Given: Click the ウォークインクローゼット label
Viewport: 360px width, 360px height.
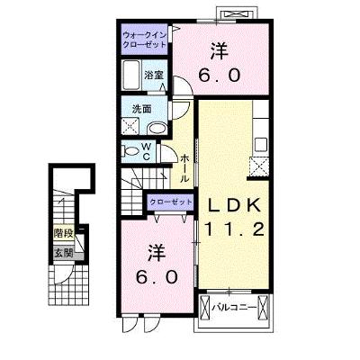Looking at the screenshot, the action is (144, 40).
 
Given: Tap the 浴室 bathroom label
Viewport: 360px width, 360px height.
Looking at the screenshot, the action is (153, 75).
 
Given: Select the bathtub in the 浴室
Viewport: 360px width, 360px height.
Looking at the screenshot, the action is (131, 75).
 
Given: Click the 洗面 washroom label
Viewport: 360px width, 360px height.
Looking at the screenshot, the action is (141, 109).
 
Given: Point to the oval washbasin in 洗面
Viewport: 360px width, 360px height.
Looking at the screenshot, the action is (157, 130).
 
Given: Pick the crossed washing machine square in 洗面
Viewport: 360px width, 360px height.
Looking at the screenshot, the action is (130, 126).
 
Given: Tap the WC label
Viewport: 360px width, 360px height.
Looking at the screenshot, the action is (146, 152).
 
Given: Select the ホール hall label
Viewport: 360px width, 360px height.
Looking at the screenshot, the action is (185, 168).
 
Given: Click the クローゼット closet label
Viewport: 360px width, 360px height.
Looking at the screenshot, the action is (171, 202).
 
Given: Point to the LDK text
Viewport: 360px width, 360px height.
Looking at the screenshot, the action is (234, 206).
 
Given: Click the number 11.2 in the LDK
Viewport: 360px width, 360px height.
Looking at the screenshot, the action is (234, 229).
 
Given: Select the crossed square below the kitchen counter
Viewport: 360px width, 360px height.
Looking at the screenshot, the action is (259, 167).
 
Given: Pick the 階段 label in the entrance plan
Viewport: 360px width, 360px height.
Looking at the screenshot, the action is (64, 233).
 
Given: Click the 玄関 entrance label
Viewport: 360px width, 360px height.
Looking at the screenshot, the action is (64, 253).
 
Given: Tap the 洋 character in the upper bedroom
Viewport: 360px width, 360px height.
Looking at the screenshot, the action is (220, 51).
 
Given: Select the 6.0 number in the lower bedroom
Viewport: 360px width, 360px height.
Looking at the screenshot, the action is (157, 277).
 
